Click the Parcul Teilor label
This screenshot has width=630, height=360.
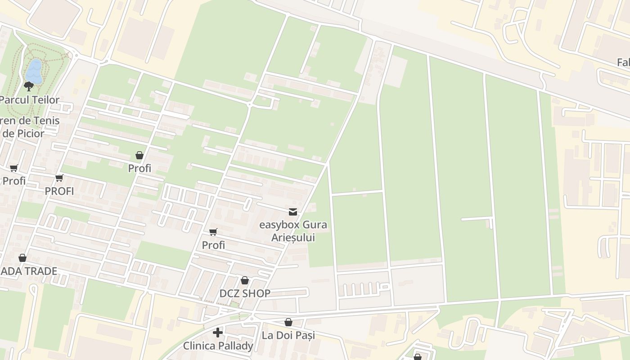click(x=30, y=100)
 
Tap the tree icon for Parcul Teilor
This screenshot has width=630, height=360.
click(x=29, y=86)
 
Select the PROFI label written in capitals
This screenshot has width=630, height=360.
click(x=59, y=191)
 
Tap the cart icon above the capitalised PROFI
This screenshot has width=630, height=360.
click(x=59, y=178)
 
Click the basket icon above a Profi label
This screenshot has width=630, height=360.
click(x=139, y=155)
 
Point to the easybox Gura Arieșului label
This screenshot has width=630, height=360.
click(x=293, y=231)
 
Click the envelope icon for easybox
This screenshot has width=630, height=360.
click(x=293, y=212)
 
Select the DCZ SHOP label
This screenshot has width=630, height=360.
click(x=245, y=293)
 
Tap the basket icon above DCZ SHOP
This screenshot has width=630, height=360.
click(x=245, y=280)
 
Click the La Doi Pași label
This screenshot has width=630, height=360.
click(x=288, y=335)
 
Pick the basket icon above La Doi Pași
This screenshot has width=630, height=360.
click(x=288, y=322)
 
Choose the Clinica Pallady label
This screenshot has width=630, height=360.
click(x=218, y=346)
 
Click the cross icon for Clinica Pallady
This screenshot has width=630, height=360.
click(x=218, y=333)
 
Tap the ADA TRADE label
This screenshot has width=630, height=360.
click(x=29, y=271)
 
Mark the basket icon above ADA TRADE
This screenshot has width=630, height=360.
click(x=22, y=258)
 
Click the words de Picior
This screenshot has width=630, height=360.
click(x=23, y=133)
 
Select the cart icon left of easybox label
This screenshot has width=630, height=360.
click(x=213, y=232)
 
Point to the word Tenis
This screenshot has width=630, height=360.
click(x=46, y=121)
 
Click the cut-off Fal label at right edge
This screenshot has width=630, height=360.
click(x=623, y=63)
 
